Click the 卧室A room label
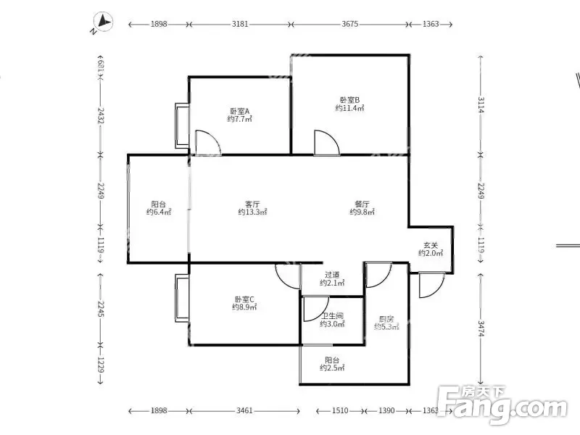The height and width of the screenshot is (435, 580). (x=240, y=111)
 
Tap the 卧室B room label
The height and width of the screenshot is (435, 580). (x=349, y=100)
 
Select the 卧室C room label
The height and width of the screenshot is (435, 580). (x=244, y=299)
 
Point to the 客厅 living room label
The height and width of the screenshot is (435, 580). (x=252, y=204)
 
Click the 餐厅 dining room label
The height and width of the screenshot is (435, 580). (x=362, y=204)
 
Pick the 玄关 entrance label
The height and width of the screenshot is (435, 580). (x=431, y=245)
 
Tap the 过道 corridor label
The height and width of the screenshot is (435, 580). (x=332, y=275)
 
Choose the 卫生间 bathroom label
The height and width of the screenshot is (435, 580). (x=332, y=316)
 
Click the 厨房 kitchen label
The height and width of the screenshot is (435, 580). (x=386, y=319)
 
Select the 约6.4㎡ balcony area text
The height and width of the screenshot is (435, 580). (x=159, y=212)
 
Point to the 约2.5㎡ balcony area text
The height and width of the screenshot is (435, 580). (x=332, y=368)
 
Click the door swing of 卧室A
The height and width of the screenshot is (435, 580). (x=208, y=142)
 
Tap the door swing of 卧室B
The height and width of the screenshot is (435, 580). (x=327, y=143)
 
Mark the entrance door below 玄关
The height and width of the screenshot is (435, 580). (x=431, y=285)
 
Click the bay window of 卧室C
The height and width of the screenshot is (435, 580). (x=182, y=298)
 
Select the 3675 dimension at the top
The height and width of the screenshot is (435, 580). (x=350, y=24)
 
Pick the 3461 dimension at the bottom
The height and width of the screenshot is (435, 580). (x=244, y=410)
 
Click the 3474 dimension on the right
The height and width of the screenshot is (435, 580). (x=481, y=328)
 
